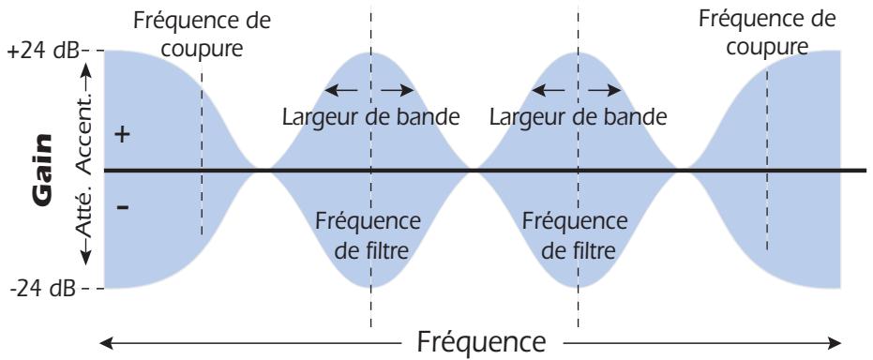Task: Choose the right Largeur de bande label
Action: pyautogui.click(x=578, y=118)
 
